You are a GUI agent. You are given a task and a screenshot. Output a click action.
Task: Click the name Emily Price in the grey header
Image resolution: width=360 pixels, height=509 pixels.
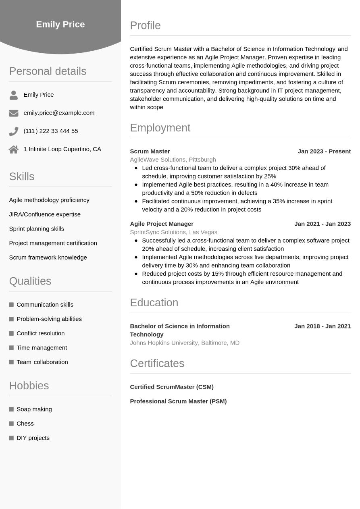click(x=60, y=24)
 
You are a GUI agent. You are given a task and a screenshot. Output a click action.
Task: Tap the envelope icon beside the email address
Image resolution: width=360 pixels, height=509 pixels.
click(x=14, y=113)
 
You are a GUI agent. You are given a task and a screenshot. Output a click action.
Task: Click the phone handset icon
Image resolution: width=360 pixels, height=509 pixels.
click(x=14, y=131)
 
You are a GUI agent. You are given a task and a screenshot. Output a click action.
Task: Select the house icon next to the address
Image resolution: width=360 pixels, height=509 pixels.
click(x=14, y=150)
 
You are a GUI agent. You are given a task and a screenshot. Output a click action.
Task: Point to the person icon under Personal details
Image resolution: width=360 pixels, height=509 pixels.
click(x=14, y=95)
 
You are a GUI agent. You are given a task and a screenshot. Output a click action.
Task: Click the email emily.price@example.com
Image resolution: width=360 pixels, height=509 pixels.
click(x=59, y=113)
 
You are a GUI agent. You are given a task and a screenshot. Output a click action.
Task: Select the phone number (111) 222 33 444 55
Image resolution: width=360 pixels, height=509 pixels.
click(x=51, y=131)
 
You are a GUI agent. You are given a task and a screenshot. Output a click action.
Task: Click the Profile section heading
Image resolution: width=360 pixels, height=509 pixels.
click(x=145, y=25)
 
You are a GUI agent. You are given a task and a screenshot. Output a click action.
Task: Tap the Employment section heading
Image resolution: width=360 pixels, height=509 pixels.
click(x=160, y=128)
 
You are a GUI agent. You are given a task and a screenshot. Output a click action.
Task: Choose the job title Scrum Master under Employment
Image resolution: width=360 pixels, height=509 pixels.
click(x=150, y=151)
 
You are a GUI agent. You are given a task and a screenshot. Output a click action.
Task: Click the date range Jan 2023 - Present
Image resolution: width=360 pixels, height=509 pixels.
click(x=324, y=151)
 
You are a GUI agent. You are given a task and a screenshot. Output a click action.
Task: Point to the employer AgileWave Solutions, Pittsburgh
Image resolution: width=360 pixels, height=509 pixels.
click(x=173, y=160)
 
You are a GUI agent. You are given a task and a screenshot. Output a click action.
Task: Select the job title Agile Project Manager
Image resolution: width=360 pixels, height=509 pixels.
click(x=162, y=224)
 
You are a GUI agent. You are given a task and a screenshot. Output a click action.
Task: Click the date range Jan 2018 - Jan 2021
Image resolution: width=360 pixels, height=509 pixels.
click(x=323, y=326)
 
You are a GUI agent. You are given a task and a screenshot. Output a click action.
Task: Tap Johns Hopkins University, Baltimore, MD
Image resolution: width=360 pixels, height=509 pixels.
click(x=185, y=343)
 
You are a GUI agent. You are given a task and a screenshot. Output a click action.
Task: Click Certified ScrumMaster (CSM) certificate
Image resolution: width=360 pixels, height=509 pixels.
click(x=172, y=387)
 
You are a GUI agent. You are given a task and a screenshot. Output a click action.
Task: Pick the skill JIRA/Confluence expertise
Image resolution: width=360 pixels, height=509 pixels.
click(x=45, y=214)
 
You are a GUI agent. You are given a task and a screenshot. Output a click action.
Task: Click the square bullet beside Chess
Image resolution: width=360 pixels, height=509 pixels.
click(x=11, y=424)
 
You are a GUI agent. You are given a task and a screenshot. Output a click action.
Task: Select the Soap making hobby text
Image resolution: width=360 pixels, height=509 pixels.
click(x=34, y=409)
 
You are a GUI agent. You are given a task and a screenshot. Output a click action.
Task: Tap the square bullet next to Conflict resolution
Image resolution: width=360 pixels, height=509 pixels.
click(x=11, y=333)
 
